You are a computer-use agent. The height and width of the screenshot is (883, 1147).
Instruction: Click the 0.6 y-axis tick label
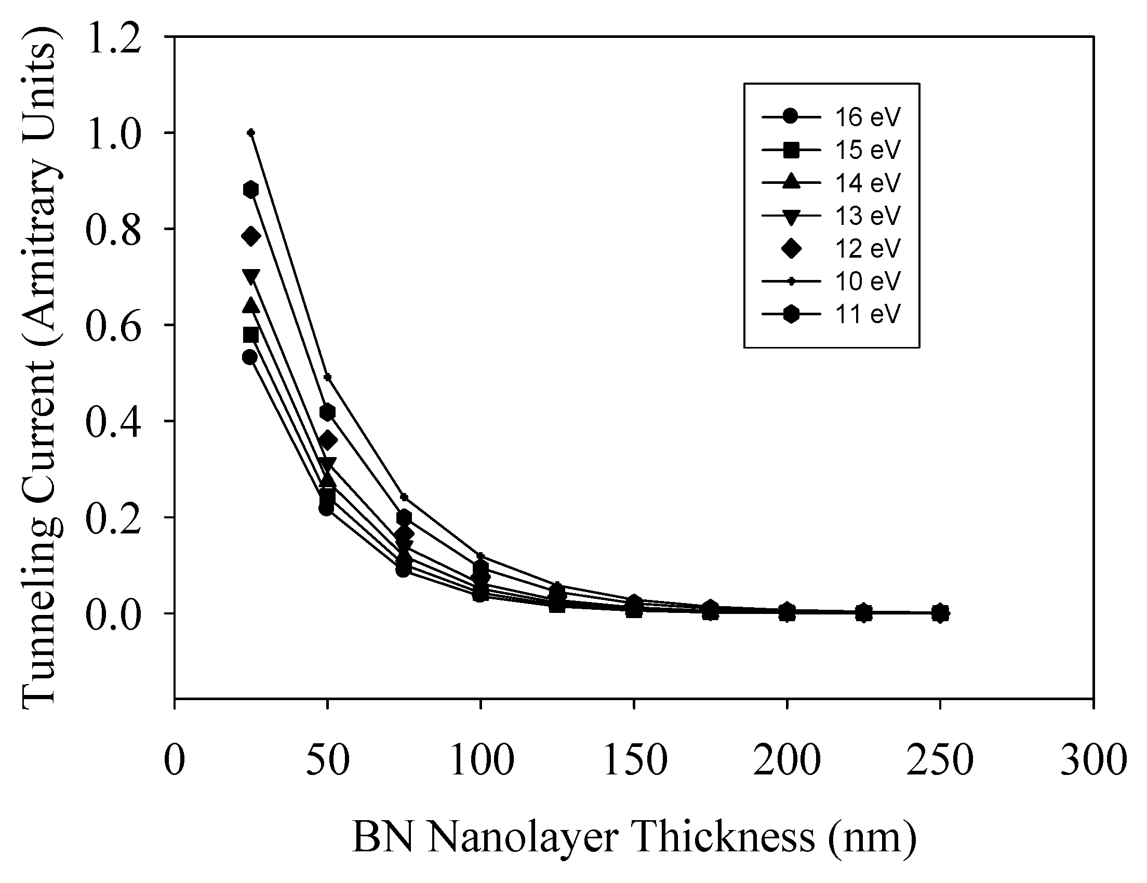[113, 326]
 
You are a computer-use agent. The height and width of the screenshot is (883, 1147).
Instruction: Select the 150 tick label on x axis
[635, 759]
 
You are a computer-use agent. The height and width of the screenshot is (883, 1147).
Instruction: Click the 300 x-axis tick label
[1093, 759]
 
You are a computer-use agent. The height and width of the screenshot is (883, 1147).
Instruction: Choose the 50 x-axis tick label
[328, 759]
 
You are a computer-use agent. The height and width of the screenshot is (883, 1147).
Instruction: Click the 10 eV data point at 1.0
[251, 132]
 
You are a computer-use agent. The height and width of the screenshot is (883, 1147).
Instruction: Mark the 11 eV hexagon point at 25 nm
[251, 190]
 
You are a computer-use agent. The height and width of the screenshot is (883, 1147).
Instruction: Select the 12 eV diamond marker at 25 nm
[251, 236]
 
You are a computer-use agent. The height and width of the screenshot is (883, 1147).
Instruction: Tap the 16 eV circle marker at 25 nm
[250, 357]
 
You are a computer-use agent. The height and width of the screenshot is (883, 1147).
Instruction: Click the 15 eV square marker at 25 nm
[251, 335]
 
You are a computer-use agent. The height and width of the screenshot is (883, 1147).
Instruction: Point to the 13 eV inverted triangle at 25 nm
[251, 276]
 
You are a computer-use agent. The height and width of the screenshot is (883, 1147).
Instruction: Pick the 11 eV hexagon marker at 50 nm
[327, 412]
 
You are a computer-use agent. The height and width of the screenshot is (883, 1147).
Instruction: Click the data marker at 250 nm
[940, 612]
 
